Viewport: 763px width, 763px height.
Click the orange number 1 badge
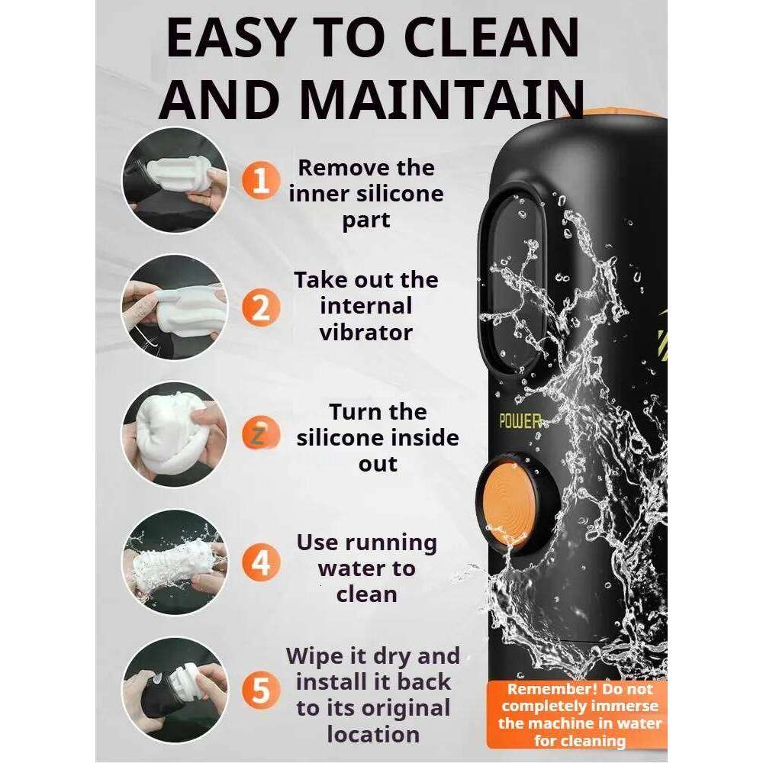[261, 181]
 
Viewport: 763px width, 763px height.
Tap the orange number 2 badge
[261, 307]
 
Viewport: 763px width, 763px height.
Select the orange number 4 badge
[261, 562]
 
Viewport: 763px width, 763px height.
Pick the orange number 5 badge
[261, 690]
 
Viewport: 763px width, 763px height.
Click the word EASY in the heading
[230, 38]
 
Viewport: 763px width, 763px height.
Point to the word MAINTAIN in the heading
[441, 100]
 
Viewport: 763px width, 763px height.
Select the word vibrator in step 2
[366, 333]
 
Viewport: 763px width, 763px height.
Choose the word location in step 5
[373, 734]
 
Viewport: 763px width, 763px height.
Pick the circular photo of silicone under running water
[175, 562]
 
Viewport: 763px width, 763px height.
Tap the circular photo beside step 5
[175, 690]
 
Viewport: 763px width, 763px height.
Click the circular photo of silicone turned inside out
[175, 435]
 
